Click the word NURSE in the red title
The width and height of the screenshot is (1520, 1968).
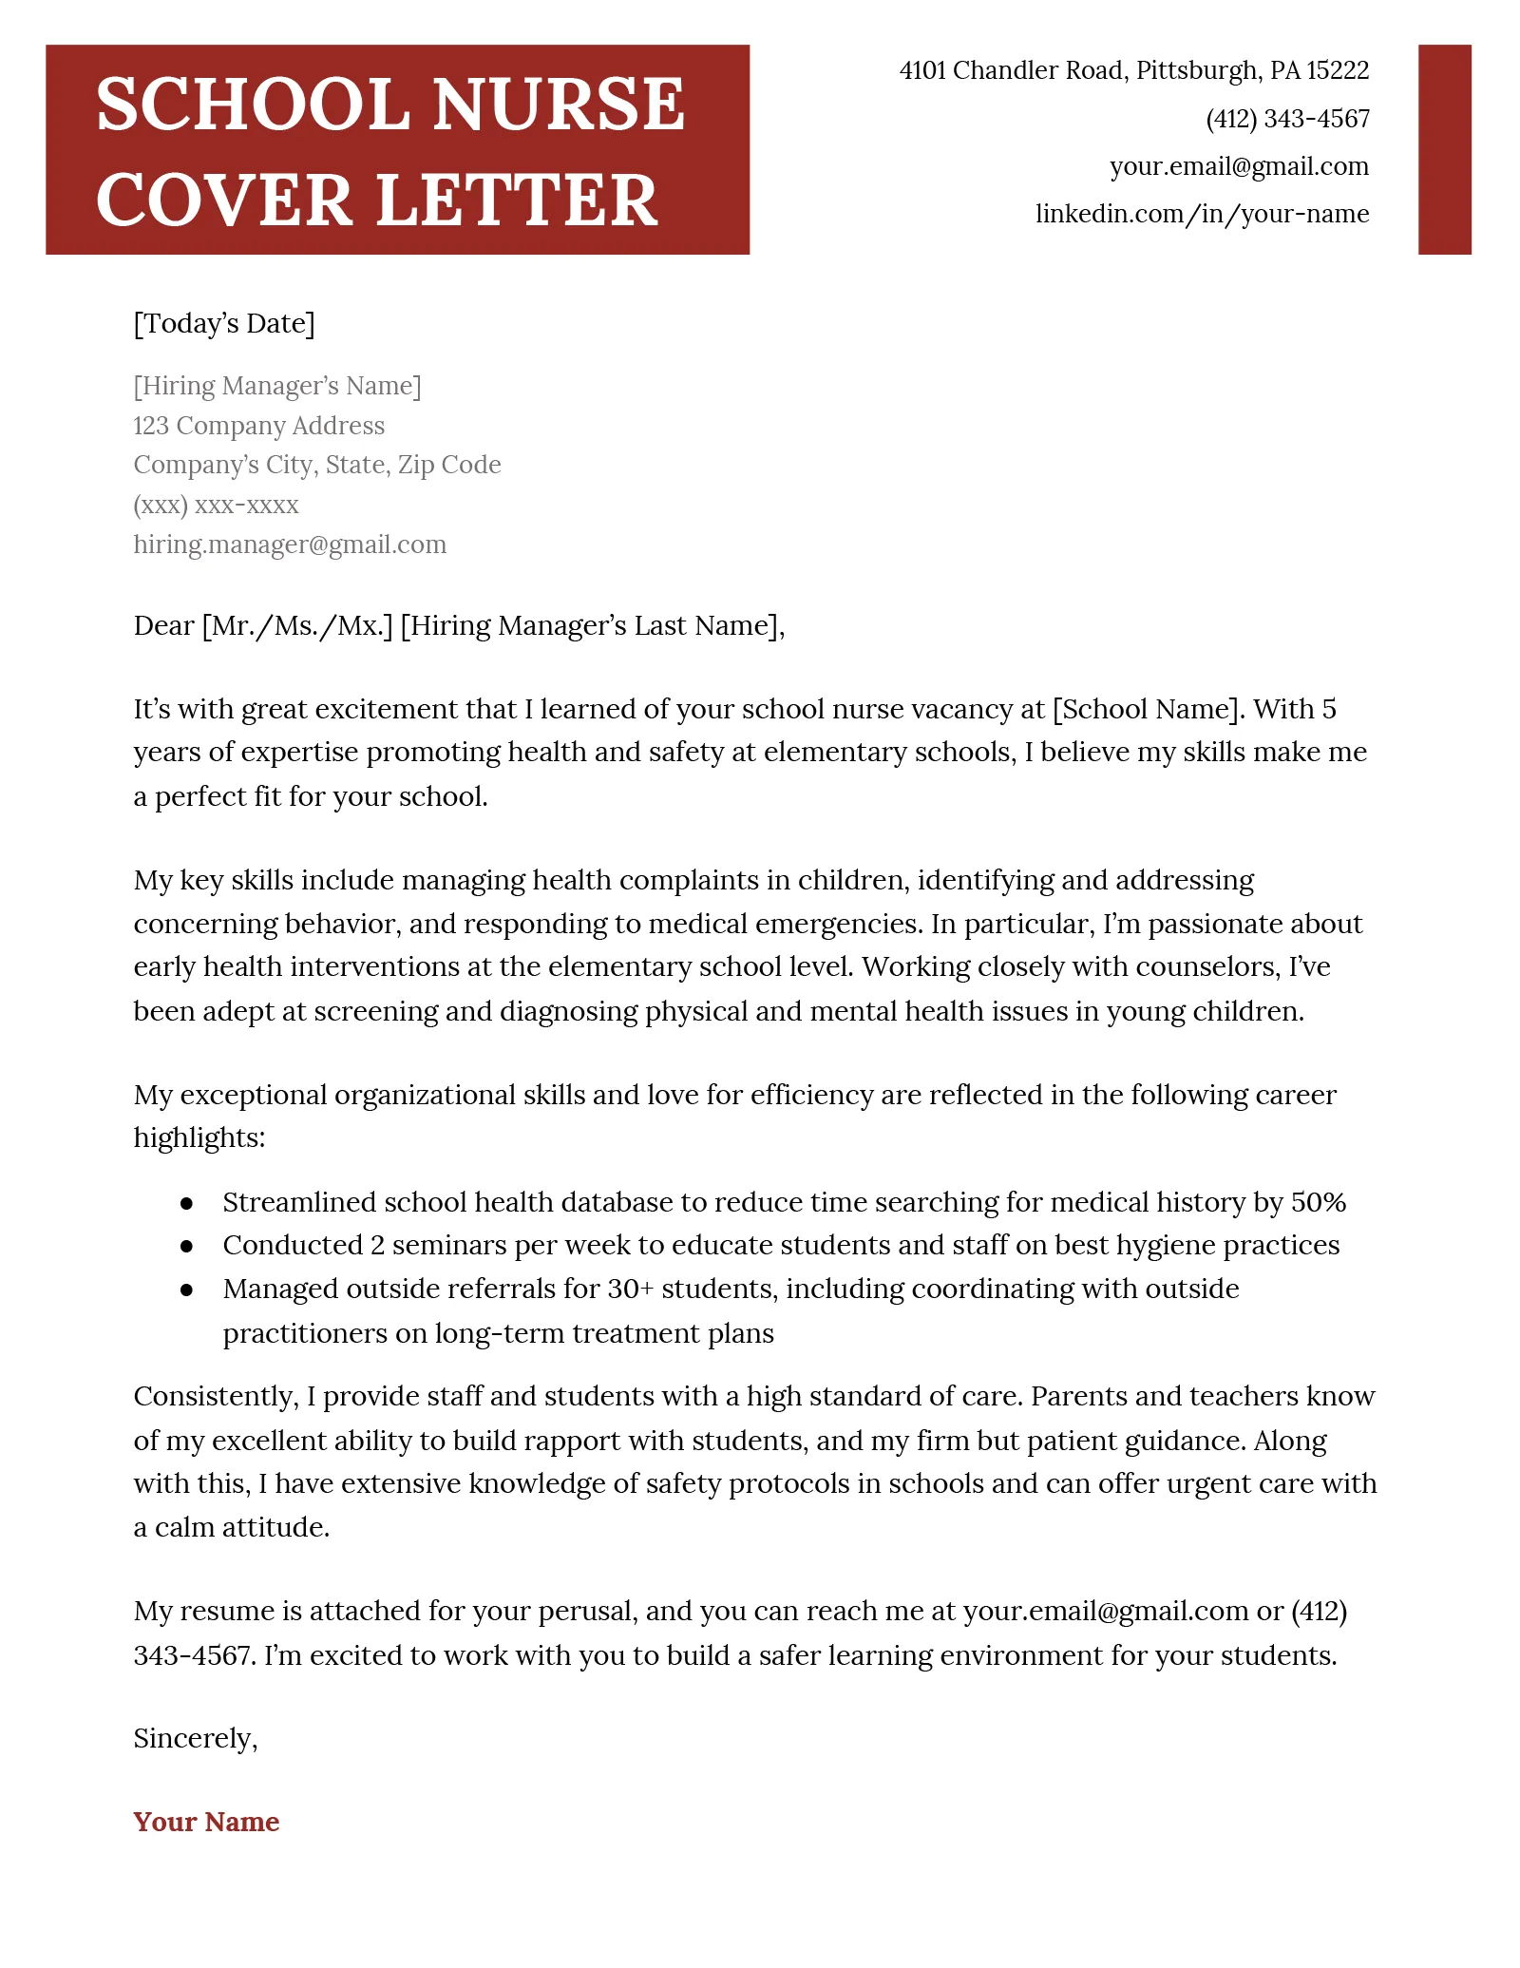[558, 105]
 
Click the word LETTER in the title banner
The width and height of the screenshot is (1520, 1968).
[517, 201]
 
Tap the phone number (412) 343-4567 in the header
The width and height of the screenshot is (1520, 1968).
[1287, 119]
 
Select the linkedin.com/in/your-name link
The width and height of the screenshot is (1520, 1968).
[1202, 214]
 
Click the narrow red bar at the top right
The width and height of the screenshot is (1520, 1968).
[1444, 149]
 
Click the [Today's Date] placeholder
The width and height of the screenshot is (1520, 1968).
[224, 323]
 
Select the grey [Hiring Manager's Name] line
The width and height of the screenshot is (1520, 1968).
[276, 386]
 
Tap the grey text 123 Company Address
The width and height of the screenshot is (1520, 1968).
[258, 426]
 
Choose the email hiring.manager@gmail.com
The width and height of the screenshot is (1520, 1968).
[290, 545]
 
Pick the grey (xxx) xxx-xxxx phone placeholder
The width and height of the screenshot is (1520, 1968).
[216, 505]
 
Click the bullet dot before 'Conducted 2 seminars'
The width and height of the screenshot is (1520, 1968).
[187, 1246]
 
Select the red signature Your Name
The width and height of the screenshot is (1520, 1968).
[206, 1822]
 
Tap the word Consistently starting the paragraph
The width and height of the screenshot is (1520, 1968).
[216, 1396]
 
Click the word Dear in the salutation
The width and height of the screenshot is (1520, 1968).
[163, 625]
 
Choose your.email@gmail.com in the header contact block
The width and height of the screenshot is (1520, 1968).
[1239, 166]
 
